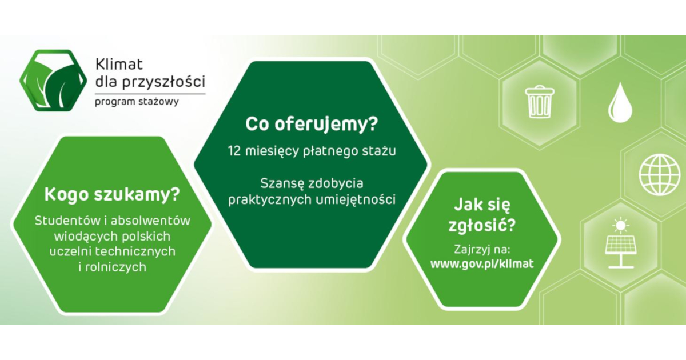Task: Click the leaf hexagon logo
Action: pos(53,81)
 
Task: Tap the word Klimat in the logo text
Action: pos(119,65)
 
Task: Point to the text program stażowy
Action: pos(137,102)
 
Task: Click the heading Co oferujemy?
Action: pos(312,124)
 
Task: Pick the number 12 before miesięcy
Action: pos(234,151)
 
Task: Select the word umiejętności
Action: pos(356,200)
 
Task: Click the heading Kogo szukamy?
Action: pos(112,195)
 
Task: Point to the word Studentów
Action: pos(67,221)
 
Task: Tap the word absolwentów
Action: pos(150,221)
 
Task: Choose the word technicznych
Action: pos(135,251)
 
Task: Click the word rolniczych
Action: pos(115,267)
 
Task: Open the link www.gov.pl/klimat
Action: pos(482,264)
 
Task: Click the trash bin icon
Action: pos(539,102)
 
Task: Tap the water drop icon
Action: pos(620,102)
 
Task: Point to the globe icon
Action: pos(659,175)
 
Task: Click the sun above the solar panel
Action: pos(620,226)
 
